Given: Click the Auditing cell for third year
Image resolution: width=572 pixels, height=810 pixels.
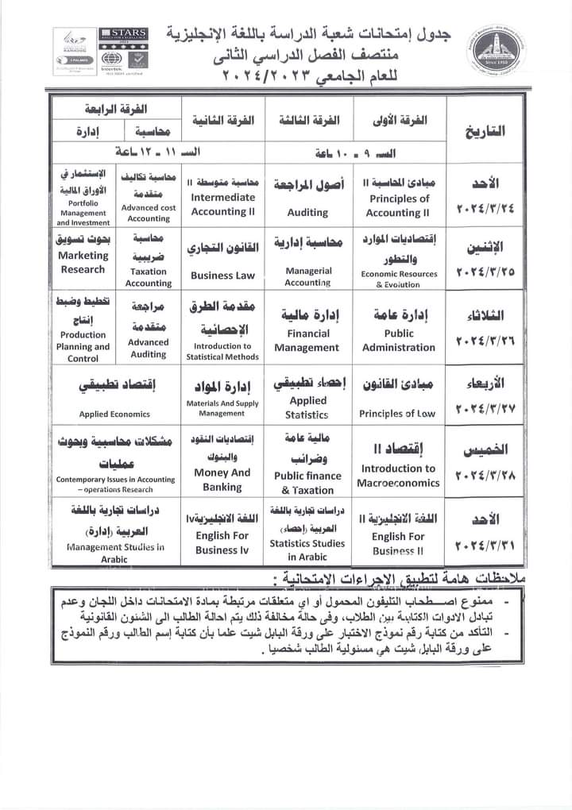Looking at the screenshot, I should (x=307, y=197).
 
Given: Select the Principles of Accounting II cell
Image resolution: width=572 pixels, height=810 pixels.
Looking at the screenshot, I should (x=399, y=197).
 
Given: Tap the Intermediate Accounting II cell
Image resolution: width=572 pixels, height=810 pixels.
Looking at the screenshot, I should (x=222, y=197).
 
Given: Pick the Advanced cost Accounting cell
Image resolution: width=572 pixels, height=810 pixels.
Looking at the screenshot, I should (x=149, y=197).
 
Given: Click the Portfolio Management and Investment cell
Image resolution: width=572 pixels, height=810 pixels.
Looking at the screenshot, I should (x=83, y=197).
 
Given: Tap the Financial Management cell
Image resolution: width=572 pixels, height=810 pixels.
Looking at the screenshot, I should (x=307, y=330).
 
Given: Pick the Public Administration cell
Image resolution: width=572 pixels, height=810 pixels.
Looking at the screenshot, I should (x=399, y=330).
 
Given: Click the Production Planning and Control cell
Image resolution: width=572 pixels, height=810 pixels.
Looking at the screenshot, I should (x=83, y=330).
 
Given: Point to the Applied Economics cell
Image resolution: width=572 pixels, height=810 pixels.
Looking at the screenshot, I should (x=115, y=398).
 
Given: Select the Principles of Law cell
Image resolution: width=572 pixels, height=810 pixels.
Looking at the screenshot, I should (x=399, y=398).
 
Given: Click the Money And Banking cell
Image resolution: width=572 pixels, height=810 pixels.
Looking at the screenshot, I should (x=222, y=464).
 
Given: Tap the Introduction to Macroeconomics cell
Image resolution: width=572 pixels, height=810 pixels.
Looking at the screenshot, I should (x=399, y=464).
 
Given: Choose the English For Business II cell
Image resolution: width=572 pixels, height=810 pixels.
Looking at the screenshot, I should (x=399, y=532).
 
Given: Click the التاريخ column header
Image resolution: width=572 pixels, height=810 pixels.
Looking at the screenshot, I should (x=486, y=129).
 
